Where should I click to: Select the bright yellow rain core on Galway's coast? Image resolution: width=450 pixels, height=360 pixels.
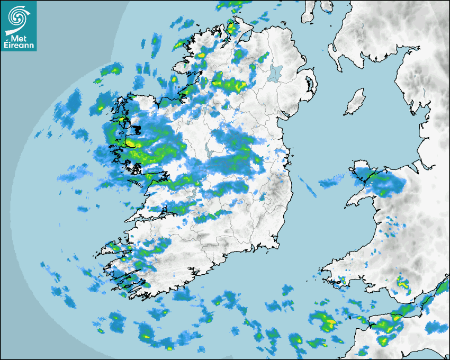[x=130, y=143]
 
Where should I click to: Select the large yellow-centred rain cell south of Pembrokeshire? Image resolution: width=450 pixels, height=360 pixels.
[x=324, y=320]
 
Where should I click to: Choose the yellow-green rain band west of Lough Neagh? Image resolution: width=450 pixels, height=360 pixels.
[x=231, y=83]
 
